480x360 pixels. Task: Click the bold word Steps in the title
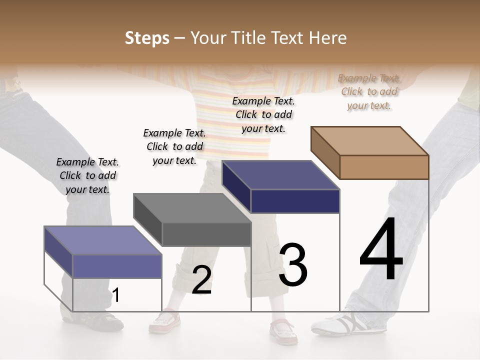pyautogui.click(x=147, y=38)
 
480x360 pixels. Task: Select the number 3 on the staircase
pyautogui.click(x=292, y=265)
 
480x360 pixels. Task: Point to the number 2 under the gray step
pyautogui.click(x=201, y=280)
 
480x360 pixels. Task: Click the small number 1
pyautogui.click(x=116, y=295)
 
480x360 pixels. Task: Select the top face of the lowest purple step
pyautogui.click(x=103, y=240)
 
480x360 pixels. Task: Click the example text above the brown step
pyautogui.click(x=369, y=91)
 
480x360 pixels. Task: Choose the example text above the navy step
pyautogui.click(x=263, y=114)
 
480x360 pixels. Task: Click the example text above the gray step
pyautogui.click(x=174, y=146)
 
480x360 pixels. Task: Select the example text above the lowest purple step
pyautogui.click(x=87, y=175)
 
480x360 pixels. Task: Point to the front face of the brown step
pyautogui.click(x=384, y=167)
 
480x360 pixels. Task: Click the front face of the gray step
pyautogui.click(x=206, y=234)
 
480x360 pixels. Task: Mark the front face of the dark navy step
pyautogui.click(x=295, y=201)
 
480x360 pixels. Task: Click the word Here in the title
pyautogui.click(x=328, y=38)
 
